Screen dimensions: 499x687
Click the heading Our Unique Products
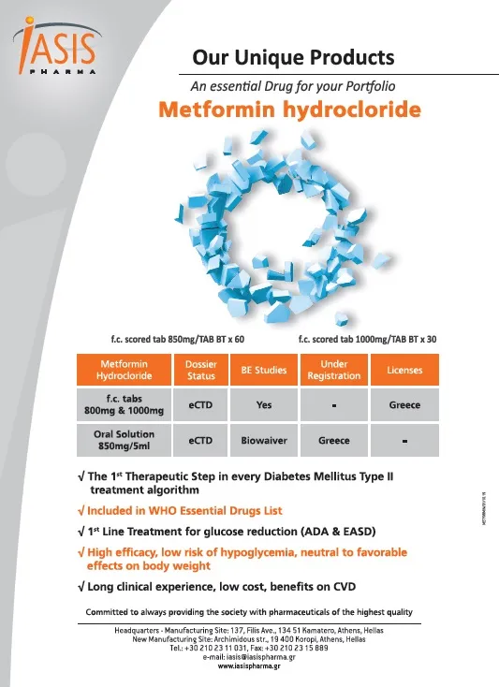point(293,58)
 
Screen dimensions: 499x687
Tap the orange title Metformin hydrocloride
point(288,109)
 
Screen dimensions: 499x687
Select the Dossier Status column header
point(202,370)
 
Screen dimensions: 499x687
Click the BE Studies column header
point(264,370)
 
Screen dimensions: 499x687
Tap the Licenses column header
point(404,370)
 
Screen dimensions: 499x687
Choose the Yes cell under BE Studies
point(264,405)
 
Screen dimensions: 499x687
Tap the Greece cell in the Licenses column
point(404,405)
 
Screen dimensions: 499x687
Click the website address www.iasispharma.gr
point(248,667)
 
